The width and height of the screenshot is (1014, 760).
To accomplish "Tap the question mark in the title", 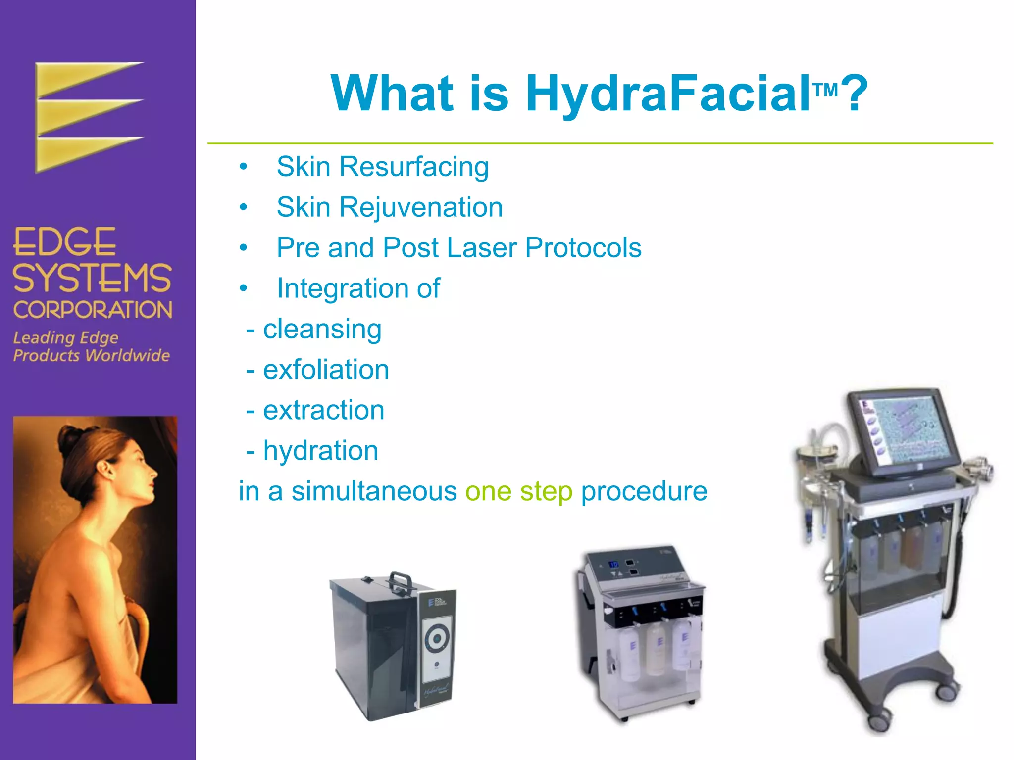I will click(855, 94).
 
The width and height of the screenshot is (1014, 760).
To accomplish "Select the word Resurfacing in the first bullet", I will click(414, 167).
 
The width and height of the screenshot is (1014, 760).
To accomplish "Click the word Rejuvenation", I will click(421, 207).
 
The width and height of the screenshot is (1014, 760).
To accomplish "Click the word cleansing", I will click(322, 330).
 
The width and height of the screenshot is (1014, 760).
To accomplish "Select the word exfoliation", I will click(326, 370).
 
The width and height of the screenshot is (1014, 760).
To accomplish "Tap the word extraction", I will click(323, 410).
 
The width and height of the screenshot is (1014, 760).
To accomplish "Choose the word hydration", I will click(320, 451).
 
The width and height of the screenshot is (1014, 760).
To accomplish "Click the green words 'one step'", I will click(518, 491).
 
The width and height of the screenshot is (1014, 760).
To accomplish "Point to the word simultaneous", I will click(374, 491).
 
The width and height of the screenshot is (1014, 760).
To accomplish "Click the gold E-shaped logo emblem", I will click(89, 117).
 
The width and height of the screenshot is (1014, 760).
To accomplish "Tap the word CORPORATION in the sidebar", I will click(93, 310).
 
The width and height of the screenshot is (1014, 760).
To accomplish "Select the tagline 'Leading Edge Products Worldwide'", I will click(91, 346).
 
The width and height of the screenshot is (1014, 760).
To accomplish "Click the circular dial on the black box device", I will click(437, 639).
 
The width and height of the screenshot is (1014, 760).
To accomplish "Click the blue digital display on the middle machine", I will click(613, 564).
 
